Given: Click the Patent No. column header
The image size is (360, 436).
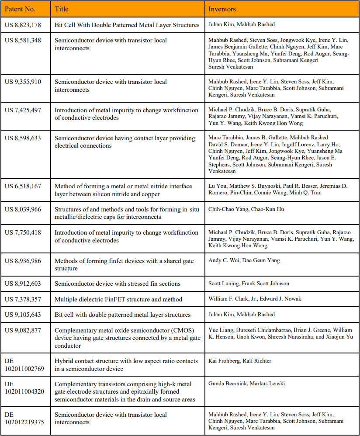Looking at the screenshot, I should [20, 9].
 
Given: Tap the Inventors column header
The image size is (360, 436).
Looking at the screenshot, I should [222, 9].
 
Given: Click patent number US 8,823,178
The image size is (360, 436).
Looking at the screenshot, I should [23, 25].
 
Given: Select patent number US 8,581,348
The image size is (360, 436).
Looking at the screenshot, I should [23, 40].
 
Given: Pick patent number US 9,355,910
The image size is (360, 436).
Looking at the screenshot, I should [23, 82].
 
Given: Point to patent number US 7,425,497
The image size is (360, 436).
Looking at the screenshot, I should [23, 110].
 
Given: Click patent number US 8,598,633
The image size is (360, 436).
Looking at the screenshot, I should [23, 138].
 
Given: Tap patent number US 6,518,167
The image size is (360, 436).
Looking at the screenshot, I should [23, 186].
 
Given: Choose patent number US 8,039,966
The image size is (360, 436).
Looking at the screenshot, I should [23, 209].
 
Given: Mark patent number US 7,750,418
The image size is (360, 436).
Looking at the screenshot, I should [23, 232].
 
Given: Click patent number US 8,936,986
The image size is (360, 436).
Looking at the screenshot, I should [23, 261].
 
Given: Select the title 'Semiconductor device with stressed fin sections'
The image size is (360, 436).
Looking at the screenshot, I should [118, 284].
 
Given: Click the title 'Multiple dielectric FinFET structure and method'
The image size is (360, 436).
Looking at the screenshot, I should [118, 299].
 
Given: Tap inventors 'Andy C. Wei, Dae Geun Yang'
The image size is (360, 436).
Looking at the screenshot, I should [244, 260].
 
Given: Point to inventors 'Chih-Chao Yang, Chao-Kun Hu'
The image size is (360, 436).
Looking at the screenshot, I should [246, 209].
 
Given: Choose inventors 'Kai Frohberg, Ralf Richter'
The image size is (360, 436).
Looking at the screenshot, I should [240, 361].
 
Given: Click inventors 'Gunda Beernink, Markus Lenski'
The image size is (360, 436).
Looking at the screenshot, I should [246, 384].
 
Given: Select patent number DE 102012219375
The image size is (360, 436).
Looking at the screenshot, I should [24, 419].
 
